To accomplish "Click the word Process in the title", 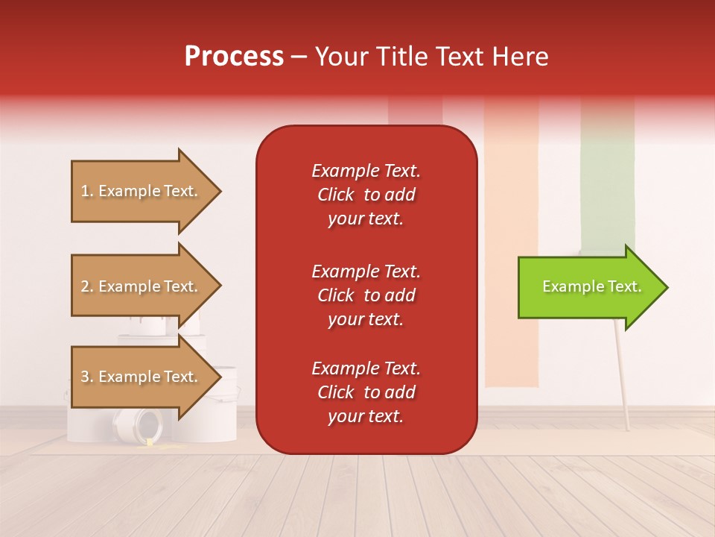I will [x=234, y=57].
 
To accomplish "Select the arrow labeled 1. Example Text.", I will [x=140, y=191].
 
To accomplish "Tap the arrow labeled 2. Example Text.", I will [x=140, y=286].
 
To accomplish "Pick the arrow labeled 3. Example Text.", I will [x=140, y=377].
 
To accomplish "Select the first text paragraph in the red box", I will [x=366, y=195].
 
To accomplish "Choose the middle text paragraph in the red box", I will [x=366, y=295].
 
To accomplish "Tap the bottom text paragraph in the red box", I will [x=366, y=392].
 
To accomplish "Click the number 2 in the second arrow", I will [x=85, y=286].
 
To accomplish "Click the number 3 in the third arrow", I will [x=85, y=377].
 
